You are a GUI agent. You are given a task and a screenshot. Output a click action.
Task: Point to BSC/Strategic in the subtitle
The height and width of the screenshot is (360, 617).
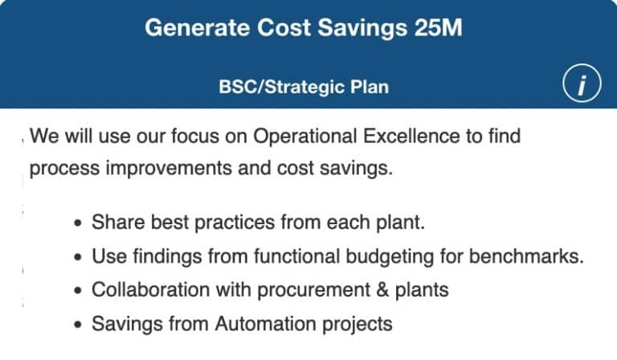pos(280,86)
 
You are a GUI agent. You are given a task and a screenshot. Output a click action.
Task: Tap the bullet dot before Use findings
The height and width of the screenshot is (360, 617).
pos(77,258)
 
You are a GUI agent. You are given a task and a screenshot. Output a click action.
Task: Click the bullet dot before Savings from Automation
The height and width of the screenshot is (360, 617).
pos(77,325)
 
